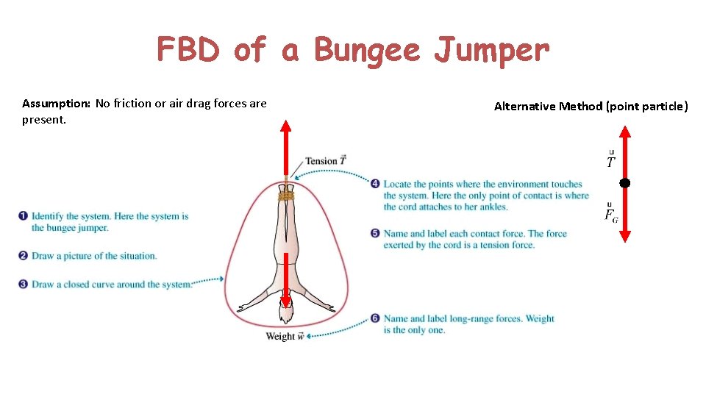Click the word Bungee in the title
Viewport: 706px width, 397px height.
click(366, 51)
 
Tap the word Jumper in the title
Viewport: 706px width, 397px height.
click(491, 51)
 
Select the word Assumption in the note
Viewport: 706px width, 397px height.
click(56, 104)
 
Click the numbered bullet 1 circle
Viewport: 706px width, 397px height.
click(24, 216)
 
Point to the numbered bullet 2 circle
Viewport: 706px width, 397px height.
click(24, 256)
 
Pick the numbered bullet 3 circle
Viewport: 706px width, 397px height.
click(24, 284)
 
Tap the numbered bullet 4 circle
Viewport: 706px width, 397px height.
click(375, 184)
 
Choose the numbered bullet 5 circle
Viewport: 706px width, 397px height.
click(375, 234)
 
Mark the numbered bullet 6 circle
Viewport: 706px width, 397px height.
click(375, 318)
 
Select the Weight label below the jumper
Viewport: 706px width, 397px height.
click(281, 337)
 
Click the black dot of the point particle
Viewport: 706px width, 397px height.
click(624, 182)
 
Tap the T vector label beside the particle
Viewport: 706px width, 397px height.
click(611, 161)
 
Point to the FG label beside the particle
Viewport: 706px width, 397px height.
click(611, 214)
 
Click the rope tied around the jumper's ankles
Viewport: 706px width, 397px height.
click(286, 196)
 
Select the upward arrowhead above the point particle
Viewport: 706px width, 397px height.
click(624, 132)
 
